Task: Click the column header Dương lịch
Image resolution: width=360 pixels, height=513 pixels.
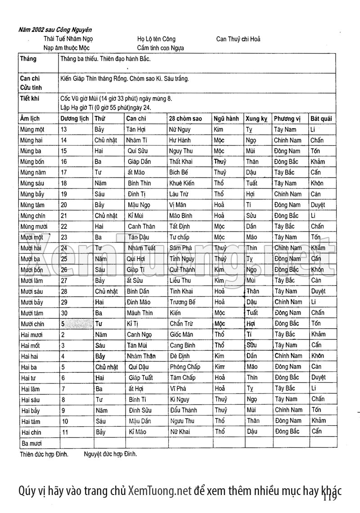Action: tap(75, 119)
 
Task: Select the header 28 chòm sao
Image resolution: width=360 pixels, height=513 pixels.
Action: tap(185, 119)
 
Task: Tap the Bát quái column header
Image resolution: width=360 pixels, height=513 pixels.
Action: tap(321, 119)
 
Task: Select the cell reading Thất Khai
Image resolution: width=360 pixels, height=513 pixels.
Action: tap(181, 162)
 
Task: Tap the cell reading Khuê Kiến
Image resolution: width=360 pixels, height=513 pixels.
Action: tap(182, 183)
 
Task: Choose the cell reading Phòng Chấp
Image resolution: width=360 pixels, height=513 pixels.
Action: tap(185, 367)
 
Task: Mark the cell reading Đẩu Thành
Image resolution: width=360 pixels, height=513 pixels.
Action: tap(184, 410)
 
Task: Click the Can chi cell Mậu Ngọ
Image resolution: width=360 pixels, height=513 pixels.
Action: tap(139, 205)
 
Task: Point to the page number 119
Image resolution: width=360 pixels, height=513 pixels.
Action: tap(329, 496)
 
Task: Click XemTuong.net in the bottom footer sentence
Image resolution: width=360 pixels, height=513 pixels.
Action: tap(160, 490)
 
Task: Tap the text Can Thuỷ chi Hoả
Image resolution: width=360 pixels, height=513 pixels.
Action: tap(238, 39)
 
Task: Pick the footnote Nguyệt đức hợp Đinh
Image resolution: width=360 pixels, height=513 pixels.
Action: tap(110, 454)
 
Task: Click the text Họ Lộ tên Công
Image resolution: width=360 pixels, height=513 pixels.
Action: tap(157, 39)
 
